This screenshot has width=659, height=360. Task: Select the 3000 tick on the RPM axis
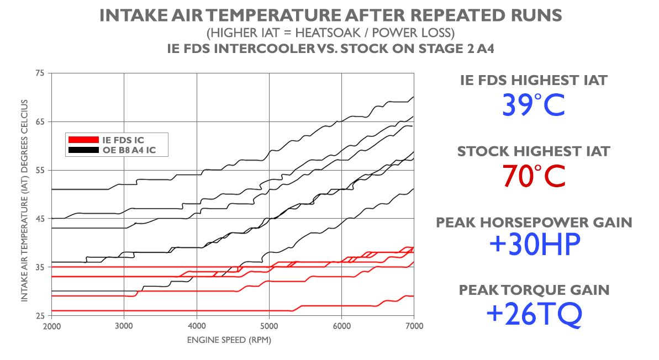coord(124,326)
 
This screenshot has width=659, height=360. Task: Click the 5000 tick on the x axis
coord(269,326)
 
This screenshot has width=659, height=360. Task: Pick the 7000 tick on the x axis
coord(414,326)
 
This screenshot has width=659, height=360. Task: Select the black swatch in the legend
coord(82,150)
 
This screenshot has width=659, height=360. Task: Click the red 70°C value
coord(534,176)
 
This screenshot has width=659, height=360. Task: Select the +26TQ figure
coord(534,313)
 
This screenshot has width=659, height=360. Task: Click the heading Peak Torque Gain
coord(534,289)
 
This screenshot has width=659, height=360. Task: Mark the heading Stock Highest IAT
coord(534,151)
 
